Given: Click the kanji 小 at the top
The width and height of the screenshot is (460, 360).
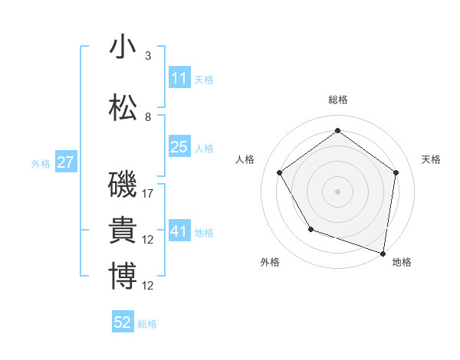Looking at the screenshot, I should tap(123, 47).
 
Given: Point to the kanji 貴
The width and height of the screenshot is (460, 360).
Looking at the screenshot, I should tap(123, 231).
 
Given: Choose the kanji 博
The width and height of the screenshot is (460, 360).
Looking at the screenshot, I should tap(123, 277).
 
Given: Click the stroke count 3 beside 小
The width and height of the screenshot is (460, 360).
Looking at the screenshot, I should tap(147, 56).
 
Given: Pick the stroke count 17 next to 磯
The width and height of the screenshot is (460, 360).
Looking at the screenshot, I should tap(149, 194).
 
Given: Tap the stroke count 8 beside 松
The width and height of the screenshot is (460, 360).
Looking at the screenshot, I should tap(147, 117).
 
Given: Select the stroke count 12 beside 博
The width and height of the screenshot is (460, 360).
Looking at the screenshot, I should tap(149, 286).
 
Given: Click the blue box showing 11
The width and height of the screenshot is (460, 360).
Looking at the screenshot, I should tap(179, 77).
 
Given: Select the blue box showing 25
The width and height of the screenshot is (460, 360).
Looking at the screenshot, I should tap(179, 147).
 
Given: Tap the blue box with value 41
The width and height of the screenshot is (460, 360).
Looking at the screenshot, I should tap(179, 231).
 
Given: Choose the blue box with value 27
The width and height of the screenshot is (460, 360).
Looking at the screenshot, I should tap(65, 162).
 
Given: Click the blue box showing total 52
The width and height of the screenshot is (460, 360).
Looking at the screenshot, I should tap(123, 322).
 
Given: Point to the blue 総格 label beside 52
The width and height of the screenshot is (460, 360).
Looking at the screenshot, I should tap(147, 324).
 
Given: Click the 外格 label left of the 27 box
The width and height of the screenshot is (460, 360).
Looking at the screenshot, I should tap(41, 163).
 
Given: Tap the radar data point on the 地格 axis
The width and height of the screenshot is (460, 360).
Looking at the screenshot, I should tap(383, 253).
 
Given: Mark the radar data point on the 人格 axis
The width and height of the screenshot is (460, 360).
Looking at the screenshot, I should tap(279, 172).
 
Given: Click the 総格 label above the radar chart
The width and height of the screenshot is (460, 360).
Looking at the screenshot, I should tap(337, 100).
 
